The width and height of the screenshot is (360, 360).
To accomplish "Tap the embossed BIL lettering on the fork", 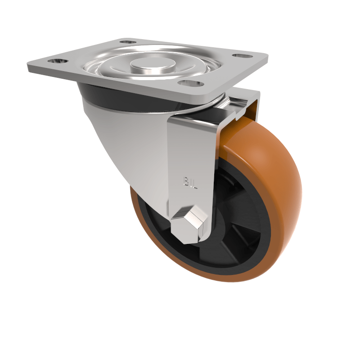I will point(190,182).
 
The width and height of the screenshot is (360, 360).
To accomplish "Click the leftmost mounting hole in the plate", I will point(58,62).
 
